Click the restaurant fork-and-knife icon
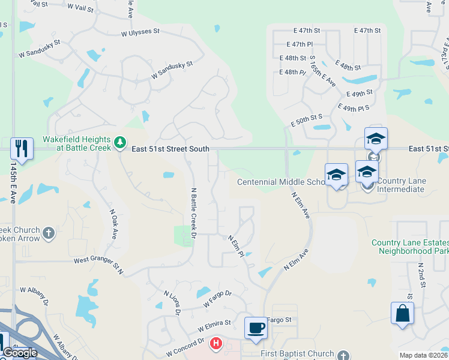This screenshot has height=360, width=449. click(22, 148)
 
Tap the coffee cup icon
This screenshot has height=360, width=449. click(256, 328)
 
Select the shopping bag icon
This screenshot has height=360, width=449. click(402, 313)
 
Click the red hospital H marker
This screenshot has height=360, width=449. click(215, 344)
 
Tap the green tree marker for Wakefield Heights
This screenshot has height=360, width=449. click(121, 142)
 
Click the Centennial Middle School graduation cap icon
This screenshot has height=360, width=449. click(336, 174)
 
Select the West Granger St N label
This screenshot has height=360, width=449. click(98, 266)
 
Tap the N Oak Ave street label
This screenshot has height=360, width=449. click(113, 224)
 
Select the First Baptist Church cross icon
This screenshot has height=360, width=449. click(343, 354)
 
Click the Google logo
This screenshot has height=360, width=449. click(20, 353)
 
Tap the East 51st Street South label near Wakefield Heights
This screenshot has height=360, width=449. click(170, 149)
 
